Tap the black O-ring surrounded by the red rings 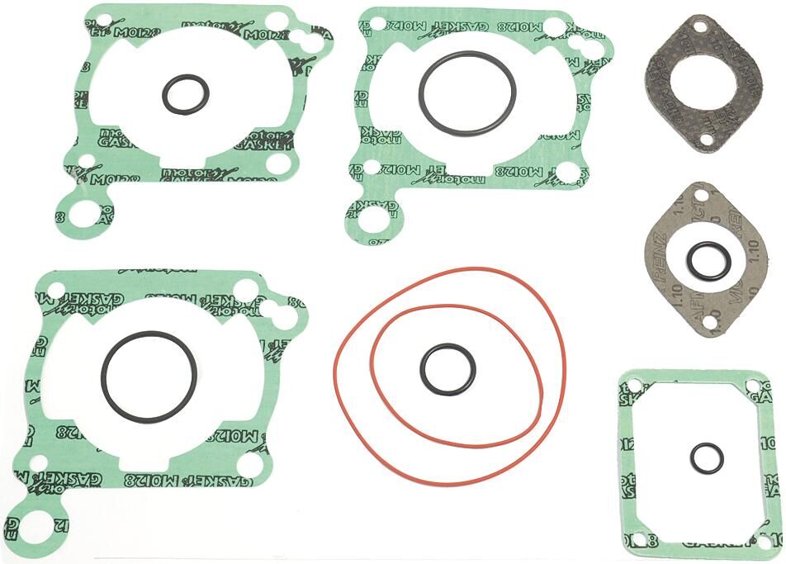coord(421,369)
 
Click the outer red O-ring coord(338,363)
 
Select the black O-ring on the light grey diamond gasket coord(689,260)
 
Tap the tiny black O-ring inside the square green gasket coord(692,458)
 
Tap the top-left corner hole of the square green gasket coord(634,385)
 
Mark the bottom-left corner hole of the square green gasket coord(634,539)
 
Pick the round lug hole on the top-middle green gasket coord(373,220)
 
